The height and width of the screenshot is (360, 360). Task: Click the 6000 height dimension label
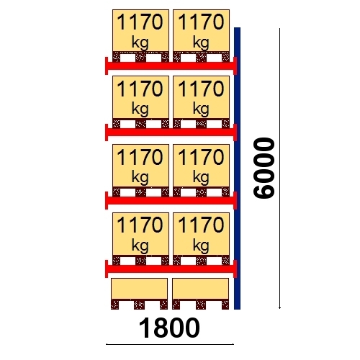point(264,168)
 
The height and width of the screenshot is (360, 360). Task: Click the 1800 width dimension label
point(169,328)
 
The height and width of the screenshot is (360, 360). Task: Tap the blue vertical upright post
point(237,168)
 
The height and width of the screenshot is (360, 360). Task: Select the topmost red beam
point(171,66)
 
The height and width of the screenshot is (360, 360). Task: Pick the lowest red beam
point(171,269)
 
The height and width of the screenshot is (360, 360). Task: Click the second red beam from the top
point(171,132)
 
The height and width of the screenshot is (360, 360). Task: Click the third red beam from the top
point(171,200)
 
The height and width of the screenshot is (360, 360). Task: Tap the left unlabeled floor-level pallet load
point(139,294)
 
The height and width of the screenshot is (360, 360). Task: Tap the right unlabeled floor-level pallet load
point(200,294)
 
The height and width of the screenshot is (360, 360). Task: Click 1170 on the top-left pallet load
point(140,22)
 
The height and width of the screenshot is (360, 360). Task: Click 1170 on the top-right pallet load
point(201,22)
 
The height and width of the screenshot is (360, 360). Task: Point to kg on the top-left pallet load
point(140,43)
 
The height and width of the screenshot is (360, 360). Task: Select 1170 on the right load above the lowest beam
point(201,225)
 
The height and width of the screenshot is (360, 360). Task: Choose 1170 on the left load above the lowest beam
point(140,225)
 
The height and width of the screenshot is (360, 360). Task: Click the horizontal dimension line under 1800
point(170,344)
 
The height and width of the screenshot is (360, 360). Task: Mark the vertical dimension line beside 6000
point(279,168)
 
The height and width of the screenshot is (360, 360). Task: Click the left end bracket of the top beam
point(107,66)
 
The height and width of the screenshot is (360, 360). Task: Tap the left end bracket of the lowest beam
point(107,269)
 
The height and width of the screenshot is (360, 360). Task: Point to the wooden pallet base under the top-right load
point(201,57)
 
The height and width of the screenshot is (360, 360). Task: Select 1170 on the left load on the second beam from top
point(140,89)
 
